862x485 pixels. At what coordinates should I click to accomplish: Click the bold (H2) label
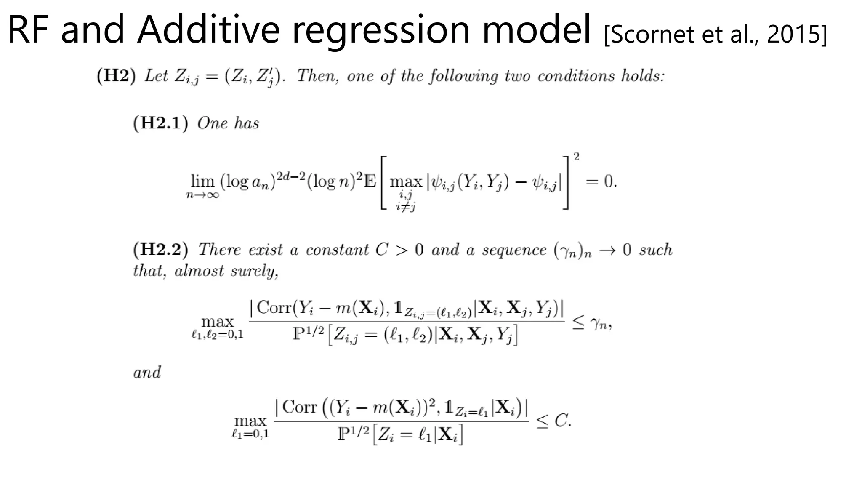point(116,76)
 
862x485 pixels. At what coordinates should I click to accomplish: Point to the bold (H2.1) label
point(160,123)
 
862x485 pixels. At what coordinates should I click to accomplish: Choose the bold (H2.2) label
point(160,249)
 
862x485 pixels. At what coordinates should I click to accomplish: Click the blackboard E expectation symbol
point(370,181)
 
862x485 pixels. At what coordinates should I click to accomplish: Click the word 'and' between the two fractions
point(147,373)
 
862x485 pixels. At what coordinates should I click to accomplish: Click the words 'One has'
point(228,123)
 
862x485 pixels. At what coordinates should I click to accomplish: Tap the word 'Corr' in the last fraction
point(299,407)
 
